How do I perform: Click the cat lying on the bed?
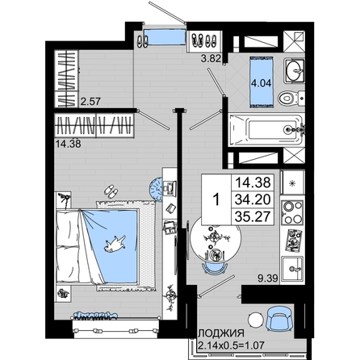click(x=115, y=244)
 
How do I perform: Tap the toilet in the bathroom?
click(x=291, y=98)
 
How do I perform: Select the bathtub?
click(x=266, y=131)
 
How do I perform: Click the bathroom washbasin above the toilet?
click(x=295, y=71)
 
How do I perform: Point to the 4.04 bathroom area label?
click(x=261, y=83)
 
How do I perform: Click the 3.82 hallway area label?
click(x=211, y=58)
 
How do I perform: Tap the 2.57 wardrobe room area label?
click(x=90, y=102)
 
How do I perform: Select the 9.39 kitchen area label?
click(x=268, y=278)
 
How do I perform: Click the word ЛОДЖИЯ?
click(x=221, y=333)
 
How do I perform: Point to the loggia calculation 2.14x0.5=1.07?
click(x=231, y=345)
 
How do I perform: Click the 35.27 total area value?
click(x=253, y=216)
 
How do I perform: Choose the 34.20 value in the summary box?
click(x=253, y=199)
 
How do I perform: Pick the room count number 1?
click(x=216, y=200)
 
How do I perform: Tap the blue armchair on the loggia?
click(x=278, y=319)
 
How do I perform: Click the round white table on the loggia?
click(x=256, y=320)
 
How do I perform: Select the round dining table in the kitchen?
click(x=216, y=238)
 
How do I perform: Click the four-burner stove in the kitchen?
click(x=292, y=212)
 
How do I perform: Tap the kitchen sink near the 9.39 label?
click(x=292, y=269)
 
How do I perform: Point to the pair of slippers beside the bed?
click(x=111, y=191)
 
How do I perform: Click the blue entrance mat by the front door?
click(x=165, y=36)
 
